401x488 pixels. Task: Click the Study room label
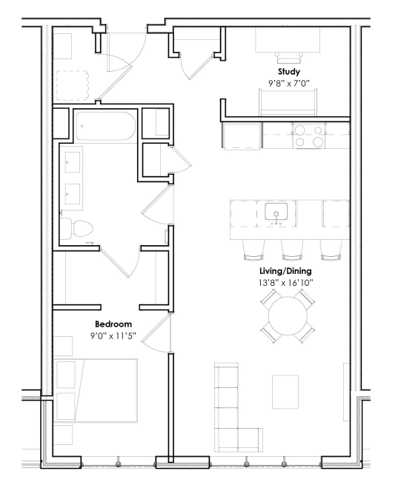289,72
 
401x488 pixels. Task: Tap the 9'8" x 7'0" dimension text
289,84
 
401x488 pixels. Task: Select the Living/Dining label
285,271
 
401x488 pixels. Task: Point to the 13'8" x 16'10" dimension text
285,283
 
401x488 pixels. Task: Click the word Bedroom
113,324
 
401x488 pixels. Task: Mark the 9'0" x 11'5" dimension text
113,335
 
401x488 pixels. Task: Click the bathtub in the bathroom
106,126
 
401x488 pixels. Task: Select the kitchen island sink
276,213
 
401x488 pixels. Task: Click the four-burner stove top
308,136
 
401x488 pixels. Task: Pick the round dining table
288,316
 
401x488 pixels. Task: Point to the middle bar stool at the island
292,250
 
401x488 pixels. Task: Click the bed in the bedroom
96,390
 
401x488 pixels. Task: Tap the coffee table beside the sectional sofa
285,392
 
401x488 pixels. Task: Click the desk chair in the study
289,58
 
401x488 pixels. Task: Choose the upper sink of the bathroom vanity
73,162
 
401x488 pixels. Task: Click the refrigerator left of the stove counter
241,136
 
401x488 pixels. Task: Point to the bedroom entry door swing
156,333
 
